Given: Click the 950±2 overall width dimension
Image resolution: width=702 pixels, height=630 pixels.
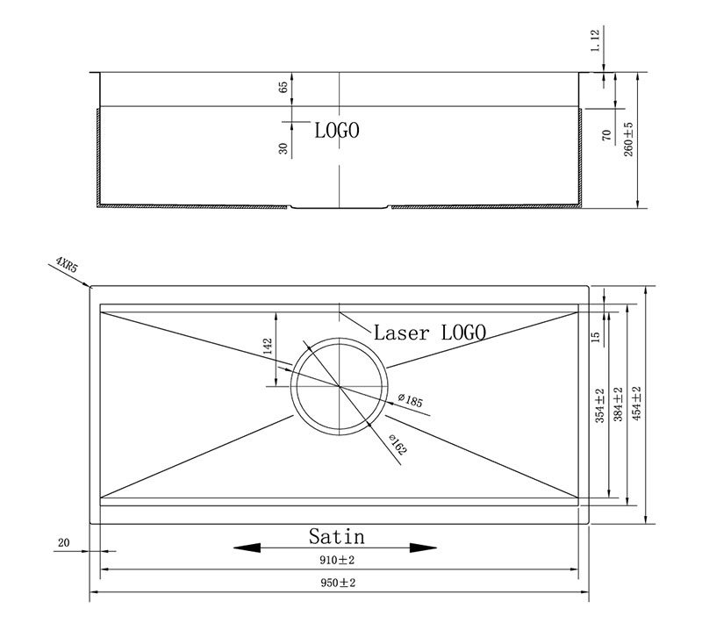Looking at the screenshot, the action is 338,583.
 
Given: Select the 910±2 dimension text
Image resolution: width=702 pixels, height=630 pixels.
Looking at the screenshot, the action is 337,560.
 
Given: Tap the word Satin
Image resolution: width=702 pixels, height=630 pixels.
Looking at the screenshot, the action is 337,536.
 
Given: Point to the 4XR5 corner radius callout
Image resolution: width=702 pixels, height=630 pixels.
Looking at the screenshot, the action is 67,265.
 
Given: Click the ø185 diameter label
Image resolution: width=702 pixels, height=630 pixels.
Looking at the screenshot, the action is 410,400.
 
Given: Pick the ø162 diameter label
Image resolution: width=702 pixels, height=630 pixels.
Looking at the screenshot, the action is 398,444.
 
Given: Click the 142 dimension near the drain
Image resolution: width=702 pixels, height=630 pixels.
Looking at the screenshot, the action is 268,346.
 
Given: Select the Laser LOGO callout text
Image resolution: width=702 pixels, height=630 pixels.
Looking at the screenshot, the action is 430,333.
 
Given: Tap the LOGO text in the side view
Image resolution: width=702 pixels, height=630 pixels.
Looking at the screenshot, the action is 337,131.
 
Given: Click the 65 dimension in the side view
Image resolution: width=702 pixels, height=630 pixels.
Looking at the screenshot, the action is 283,88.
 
